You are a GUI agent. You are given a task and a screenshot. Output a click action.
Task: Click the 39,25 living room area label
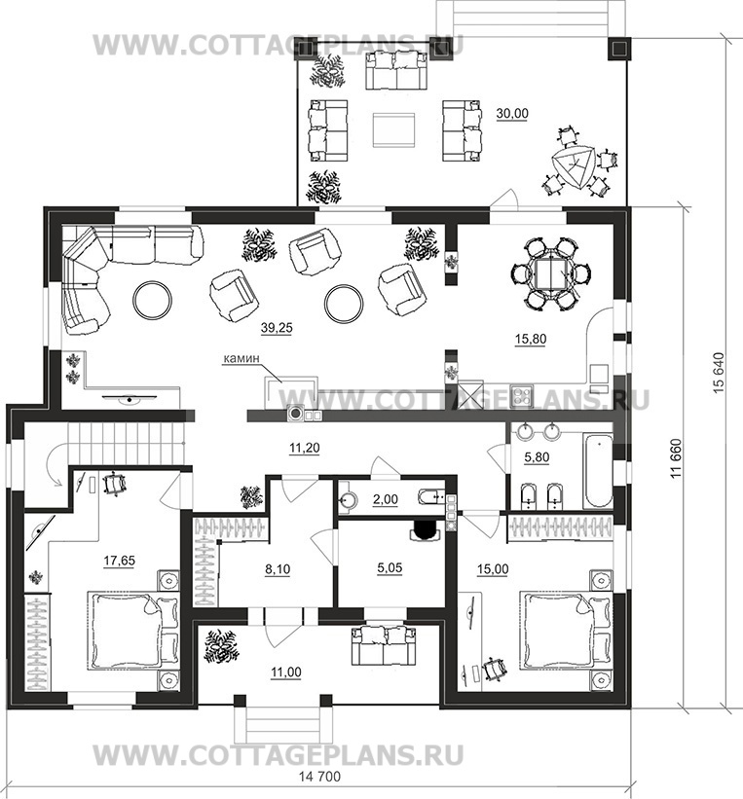click(x=277, y=328)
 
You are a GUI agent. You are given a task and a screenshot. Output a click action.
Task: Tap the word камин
click(x=241, y=358)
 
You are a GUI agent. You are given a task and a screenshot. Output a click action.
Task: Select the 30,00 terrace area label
click(x=512, y=114)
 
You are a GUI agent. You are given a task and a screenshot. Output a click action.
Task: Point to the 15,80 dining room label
click(x=531, y=339)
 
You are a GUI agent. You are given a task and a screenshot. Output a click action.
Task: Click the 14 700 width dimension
click(x=319, y=777)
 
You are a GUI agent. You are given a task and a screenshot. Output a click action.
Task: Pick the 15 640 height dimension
click(x=719, y=373)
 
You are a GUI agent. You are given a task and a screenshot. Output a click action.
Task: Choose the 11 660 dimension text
click(x=676, y=458)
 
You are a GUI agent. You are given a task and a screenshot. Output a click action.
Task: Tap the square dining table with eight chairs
click(x=551, y=273)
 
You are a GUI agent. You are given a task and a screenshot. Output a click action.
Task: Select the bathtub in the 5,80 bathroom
click(x=598, y=470)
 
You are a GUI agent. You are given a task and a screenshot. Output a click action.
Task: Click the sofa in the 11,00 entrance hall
click(x=384, y=645)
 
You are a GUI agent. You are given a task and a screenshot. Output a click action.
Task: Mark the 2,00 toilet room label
click(x=385, y=500)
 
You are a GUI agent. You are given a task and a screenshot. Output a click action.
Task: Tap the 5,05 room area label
click(x=390, y=567)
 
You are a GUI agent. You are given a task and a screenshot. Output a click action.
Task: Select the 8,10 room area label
click(x=278, y=568)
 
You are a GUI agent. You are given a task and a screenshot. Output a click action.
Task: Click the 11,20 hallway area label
click(x=305, y=449)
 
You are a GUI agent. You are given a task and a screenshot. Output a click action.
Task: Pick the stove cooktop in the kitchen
click(x=522, y=396)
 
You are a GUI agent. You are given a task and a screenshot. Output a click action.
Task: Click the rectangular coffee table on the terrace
click(x=393, y=130)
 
